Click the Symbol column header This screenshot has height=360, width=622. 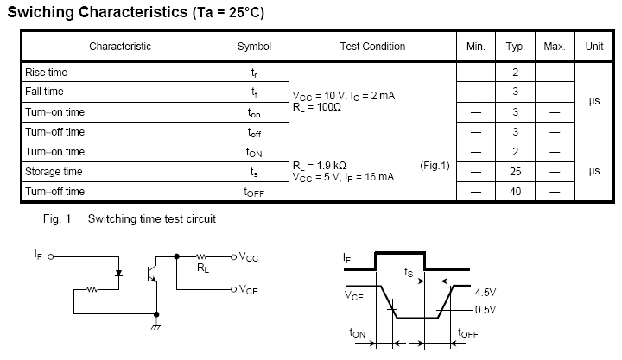(254, 47)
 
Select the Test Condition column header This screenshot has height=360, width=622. (372, 47)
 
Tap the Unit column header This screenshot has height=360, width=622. (593, 47)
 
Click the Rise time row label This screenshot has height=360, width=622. (47, 73)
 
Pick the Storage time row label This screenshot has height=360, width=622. (54, 172)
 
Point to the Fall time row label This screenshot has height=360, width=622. (45, 92)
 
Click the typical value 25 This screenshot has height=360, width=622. (514, 172)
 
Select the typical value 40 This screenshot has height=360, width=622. (514, 191)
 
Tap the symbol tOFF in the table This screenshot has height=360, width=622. (254, 192)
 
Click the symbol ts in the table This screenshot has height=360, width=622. (254, 173)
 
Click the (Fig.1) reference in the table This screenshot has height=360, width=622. (435, 165)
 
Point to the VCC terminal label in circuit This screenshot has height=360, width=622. (249, 256)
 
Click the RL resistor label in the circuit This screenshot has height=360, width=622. (204, 268)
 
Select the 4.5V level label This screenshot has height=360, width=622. (486, 293)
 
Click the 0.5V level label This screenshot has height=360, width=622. (486, 309)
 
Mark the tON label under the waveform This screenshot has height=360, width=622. (358, 333)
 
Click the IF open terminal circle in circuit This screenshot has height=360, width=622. (51, 256)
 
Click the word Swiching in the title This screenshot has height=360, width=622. (42, 13)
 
